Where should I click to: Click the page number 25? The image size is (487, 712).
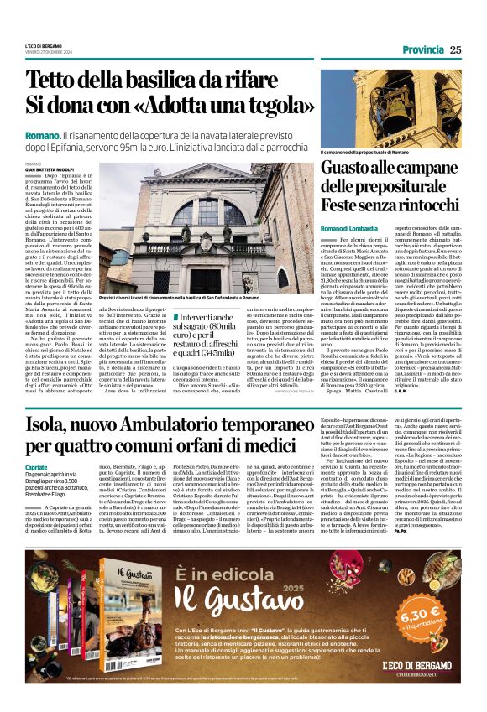[455, 49]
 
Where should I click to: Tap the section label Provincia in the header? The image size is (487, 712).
[422, 49]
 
